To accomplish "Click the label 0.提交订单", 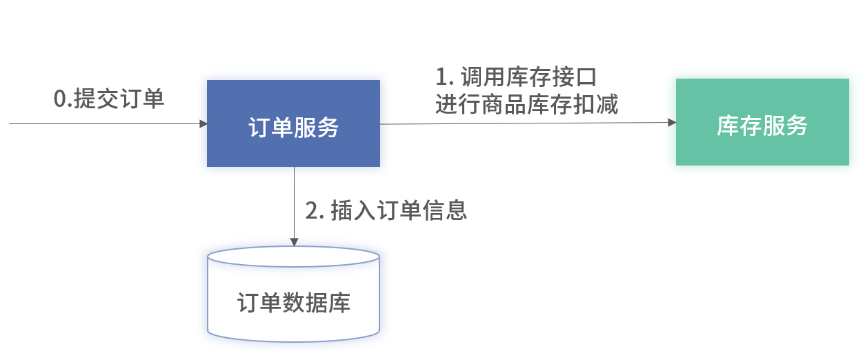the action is [x=109, y=99].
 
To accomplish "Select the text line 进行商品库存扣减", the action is [x=526, y=104].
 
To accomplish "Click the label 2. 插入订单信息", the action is [x=386, y=210].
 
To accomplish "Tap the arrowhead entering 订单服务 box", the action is [x=204, y=124].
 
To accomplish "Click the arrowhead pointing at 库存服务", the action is [x=672, y=123].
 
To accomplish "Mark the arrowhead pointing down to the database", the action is [x=294, y=242].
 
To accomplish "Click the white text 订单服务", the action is [x=293, y=127].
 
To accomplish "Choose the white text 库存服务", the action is [x=762, y=126].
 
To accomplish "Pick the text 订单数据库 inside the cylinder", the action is [x=293, y=303].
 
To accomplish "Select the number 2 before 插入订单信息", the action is [x=311, y=211].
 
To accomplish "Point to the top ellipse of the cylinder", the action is [x=293, y=257].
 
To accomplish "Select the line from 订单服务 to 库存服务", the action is [x=524, y=123].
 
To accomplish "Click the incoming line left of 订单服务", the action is [x=103, y=124].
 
